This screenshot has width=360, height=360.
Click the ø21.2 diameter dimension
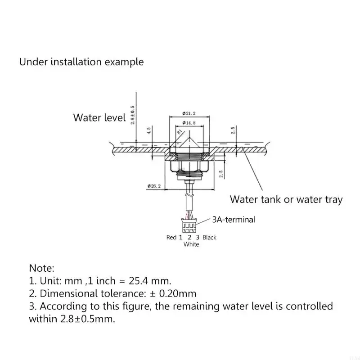coord(189,113)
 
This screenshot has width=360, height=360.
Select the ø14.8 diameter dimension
coord(189,123)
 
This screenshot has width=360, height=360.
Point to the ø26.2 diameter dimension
coord(154,185)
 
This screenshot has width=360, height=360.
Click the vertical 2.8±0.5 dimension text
coord(132,115)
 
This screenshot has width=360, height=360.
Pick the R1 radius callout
coord(179,132)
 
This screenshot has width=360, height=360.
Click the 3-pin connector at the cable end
coord(189,223)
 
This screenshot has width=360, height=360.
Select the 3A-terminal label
coord(233,220)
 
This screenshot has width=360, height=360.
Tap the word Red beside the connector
coord(171,237)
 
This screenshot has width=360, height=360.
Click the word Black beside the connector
coord(209,237)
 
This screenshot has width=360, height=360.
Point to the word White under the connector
coord(191,244)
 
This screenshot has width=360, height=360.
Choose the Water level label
coord(99,118)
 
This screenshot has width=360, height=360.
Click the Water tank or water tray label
coord(286,199)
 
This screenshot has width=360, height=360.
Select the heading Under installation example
coord(81,62)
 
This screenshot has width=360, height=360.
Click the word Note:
coord(42,269)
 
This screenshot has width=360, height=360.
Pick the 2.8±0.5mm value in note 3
coord(71,319)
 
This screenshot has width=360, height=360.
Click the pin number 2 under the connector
coord(189,237)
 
